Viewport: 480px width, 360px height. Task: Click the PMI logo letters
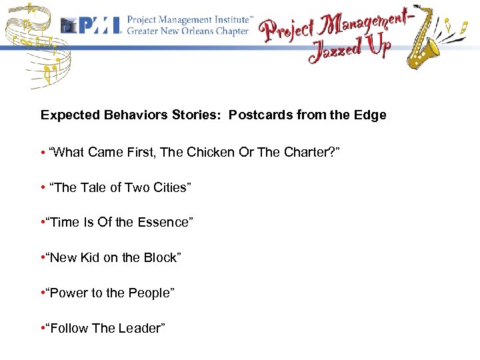point(99,25)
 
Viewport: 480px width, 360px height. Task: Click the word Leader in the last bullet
point(143,328)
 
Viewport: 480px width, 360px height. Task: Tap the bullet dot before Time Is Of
point(43,222)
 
